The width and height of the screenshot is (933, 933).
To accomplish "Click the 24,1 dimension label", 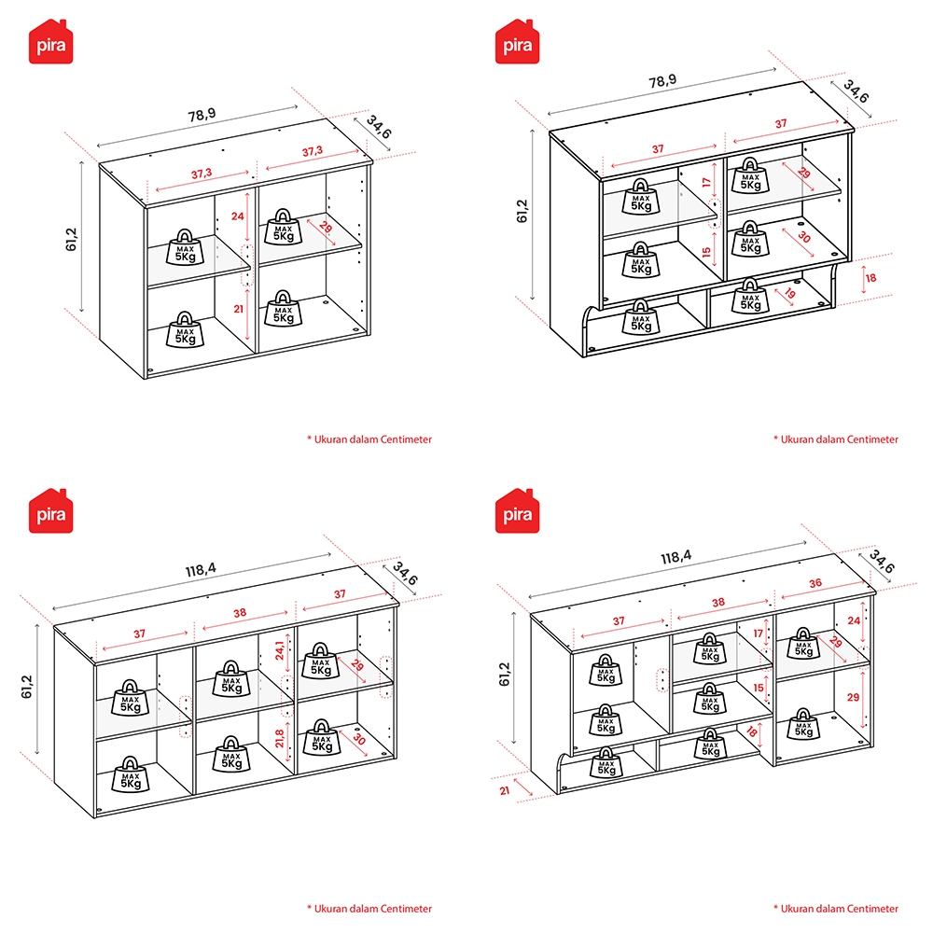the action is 279,650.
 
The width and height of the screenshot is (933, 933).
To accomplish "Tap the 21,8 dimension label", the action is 279,738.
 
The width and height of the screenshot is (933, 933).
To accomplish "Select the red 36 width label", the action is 815,583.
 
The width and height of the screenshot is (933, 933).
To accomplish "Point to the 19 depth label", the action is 790,293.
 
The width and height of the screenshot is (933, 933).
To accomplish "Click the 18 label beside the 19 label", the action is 870,278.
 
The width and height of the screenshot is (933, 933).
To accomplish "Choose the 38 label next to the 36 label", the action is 718,602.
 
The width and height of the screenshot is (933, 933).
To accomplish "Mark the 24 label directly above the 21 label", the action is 237,216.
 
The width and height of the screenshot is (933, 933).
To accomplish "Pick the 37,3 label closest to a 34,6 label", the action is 313,151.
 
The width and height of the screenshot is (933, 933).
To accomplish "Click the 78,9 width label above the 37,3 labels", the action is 202,114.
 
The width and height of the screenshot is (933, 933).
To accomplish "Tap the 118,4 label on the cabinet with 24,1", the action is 201,569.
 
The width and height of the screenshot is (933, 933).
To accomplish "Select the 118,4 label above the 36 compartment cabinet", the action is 675,557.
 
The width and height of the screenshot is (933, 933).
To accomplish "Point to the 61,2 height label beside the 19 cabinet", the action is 522,211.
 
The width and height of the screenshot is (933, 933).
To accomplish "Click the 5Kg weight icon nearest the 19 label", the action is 750,296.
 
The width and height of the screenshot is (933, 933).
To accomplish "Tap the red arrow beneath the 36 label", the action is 824,590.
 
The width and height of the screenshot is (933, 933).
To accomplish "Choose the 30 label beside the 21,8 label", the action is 359,738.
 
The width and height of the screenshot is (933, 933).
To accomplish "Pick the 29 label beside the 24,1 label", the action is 357,664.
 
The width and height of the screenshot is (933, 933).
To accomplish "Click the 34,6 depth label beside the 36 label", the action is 882,561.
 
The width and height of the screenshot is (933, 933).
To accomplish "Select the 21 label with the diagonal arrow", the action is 505,791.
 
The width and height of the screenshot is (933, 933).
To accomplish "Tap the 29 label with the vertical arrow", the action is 854,697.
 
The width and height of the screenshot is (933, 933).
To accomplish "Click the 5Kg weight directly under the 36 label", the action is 803,643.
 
